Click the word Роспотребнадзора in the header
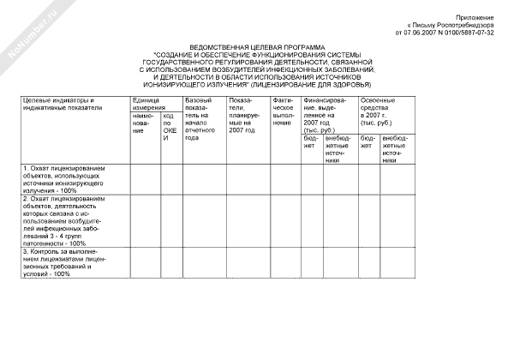point(463,25)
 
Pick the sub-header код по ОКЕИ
point(169,126)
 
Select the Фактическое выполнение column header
point(284,111)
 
